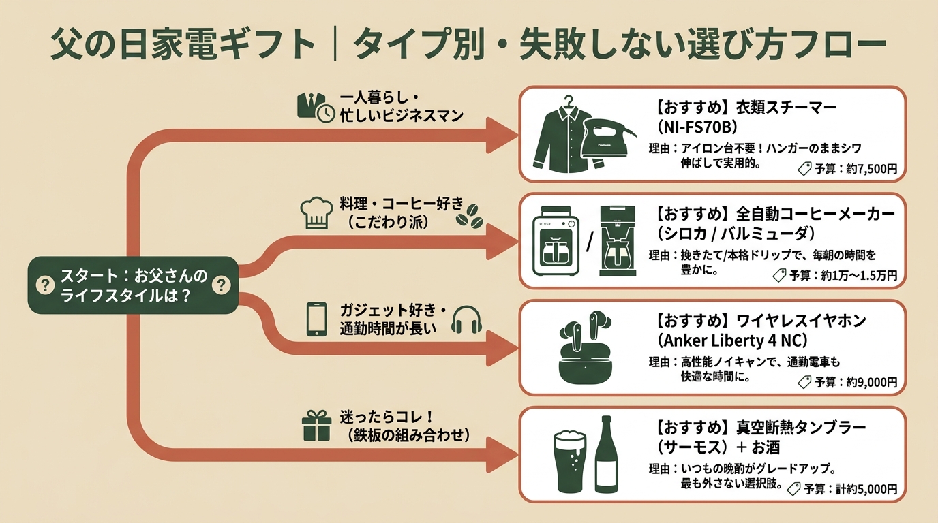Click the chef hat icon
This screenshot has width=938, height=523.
tap(317, 213)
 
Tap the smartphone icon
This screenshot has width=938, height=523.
tap(316, 319)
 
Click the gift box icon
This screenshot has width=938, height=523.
tap(316, 426)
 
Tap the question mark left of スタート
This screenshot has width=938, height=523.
tap(45, 285)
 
